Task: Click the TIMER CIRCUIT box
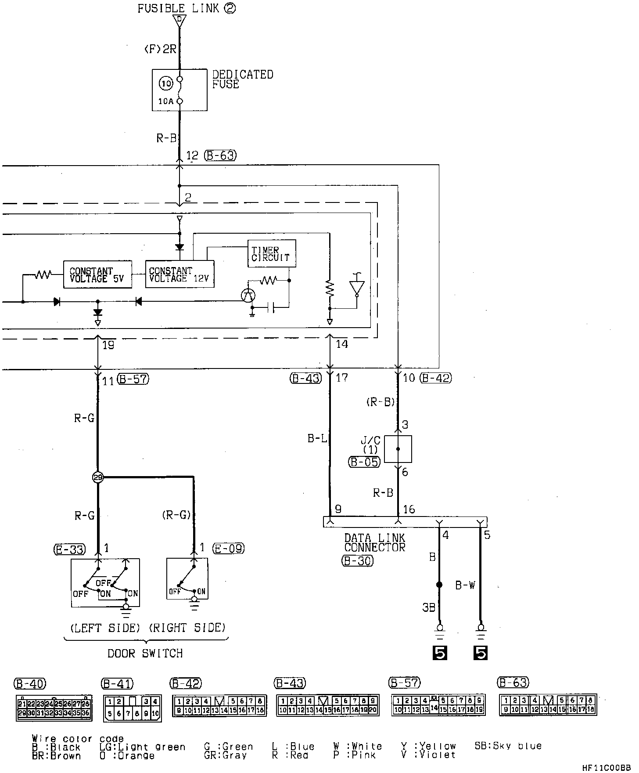(x=271, y=253)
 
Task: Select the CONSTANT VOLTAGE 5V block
(x=97, y=275)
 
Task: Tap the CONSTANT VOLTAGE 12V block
(x=179, y=275)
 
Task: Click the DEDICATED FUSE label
(x=242, y=79)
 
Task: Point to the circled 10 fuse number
(x=166, y=83)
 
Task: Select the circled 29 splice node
(x=97, y=477)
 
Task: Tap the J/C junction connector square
(x=398, y=449)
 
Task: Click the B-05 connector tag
(x=364, y=462)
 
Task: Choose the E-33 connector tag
(x=70, y=549)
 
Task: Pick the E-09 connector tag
(x=228, y=549)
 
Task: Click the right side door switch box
(x=187, y=579)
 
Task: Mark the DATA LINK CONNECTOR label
(x=374, y=543)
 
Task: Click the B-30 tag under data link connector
(x=358, y=561)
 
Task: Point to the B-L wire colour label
(x=317, y=438)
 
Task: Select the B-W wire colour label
(x=465, y=585)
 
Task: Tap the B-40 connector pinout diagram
(x=54, y=708)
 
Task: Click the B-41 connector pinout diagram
(x=132, y=708)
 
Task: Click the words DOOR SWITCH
(x=145, y=654)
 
